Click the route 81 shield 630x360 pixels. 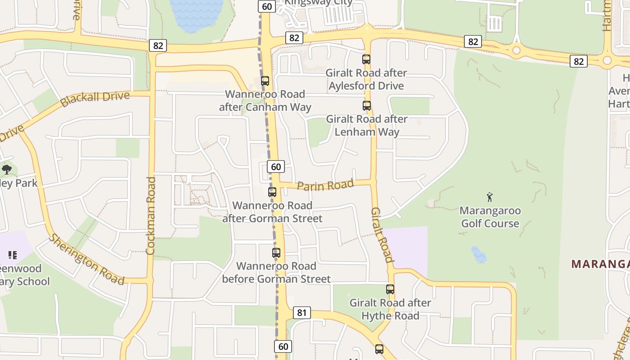301,313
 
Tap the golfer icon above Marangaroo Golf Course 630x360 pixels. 490,197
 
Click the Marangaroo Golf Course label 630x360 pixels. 490,217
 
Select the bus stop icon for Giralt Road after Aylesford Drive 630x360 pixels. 366,59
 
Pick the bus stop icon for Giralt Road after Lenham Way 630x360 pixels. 367,106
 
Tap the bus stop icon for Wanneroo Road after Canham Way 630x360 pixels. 265,81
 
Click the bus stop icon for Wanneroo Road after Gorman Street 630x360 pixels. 272,192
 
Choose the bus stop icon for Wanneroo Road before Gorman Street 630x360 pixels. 276,253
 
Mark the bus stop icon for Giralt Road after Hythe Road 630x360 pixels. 390,289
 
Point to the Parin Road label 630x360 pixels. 325,185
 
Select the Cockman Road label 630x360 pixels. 151,216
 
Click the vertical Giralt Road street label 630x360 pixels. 382,234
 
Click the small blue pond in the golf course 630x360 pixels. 479,255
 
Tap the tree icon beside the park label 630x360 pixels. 6,170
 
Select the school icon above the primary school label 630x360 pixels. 13,255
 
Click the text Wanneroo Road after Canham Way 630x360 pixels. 265,101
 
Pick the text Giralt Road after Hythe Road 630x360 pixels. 390,309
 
